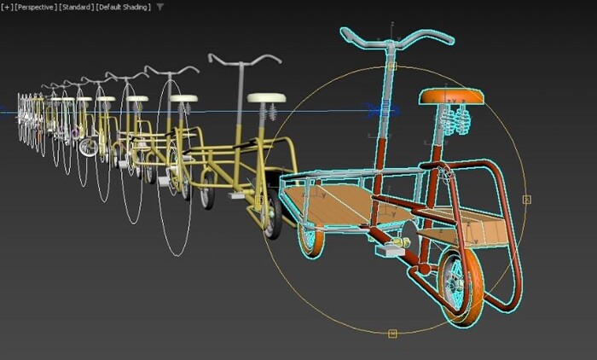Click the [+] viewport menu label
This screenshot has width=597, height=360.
point(7,7)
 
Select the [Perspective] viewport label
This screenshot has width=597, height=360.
point(36,7)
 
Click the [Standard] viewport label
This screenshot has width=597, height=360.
point(77,7)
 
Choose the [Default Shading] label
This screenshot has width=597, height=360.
point(124,7)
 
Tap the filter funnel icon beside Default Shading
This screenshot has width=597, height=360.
point(160,7)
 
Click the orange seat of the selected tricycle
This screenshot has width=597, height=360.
point(451,96)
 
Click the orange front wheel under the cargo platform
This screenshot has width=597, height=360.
point(312,239)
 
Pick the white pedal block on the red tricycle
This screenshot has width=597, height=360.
point(390,250)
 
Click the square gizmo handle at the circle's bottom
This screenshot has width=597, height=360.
point(392,334)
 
